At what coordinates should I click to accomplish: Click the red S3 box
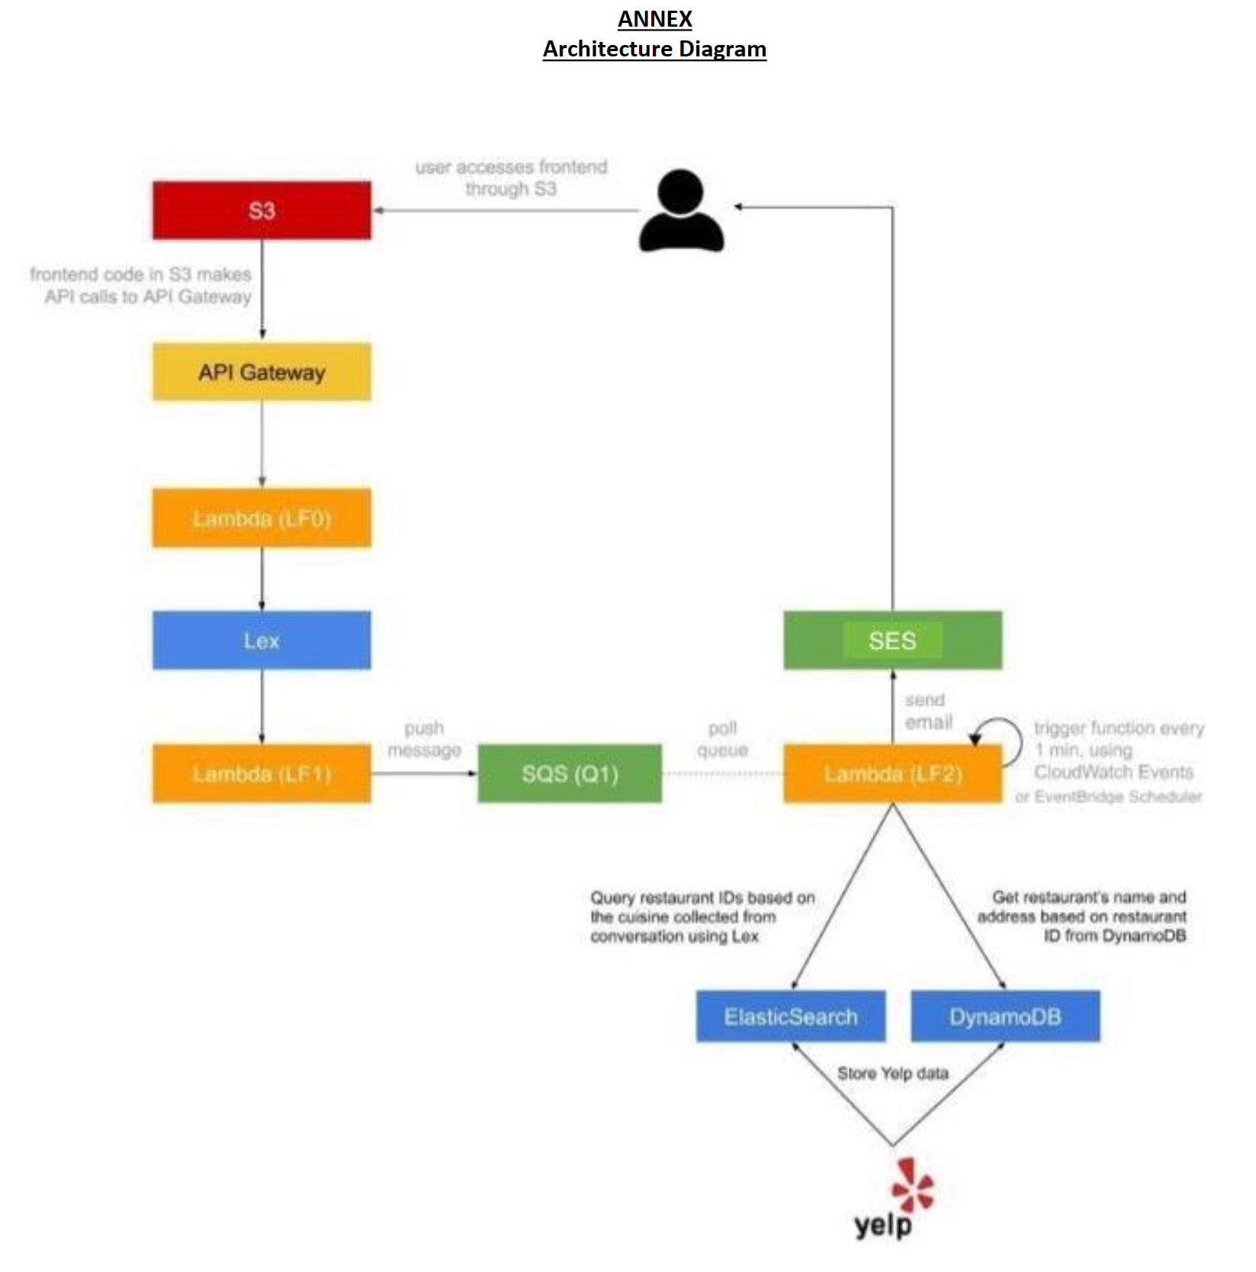(x=262, y=210)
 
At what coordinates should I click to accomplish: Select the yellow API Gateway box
(x=262, y=372)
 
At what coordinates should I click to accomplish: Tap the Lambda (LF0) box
(x=262, y=519)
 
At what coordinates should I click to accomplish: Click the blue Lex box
(x=262, y=641)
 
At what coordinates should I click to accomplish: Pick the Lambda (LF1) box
(x=262, y=774)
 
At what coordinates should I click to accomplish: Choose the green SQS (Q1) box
(x=570, y=774)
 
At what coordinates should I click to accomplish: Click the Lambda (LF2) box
(x=892, y=774)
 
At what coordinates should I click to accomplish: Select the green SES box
(x=892, y=641)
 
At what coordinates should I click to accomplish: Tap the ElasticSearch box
(x=791, y=1017)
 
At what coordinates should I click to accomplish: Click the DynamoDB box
(x=1005, y=1017)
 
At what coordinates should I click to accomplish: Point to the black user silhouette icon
(x=681, y=211)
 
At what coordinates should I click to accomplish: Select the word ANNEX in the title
(x=654, y=19)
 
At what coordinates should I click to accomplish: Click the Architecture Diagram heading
(x=654, y=50)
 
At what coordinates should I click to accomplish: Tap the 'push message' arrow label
(x=424, y=739)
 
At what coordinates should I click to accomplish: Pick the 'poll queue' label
(x=722, y=739)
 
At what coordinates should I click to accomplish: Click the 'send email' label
(x=927, y=711)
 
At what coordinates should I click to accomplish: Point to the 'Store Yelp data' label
(x=893, y=1074)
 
